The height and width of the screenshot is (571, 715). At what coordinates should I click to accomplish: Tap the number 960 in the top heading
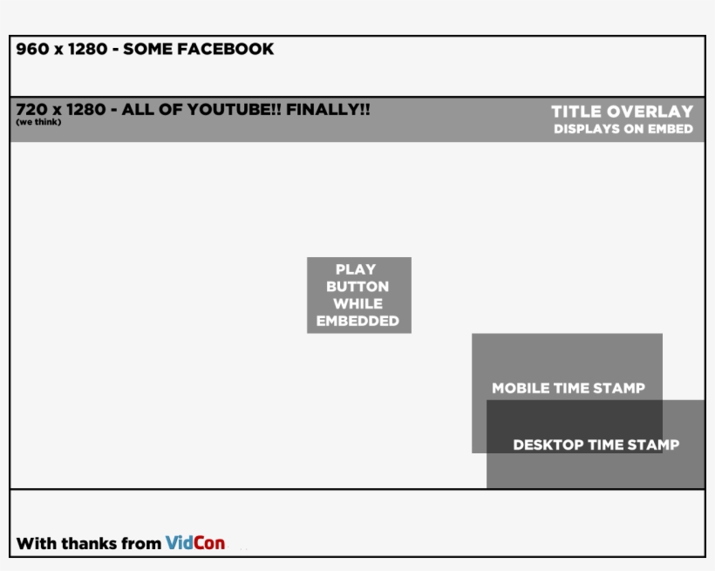click(32, 50)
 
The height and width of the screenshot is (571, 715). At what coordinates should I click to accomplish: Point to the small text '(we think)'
click(38, 122)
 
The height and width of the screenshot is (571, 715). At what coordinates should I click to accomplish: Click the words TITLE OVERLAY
click(622, 112)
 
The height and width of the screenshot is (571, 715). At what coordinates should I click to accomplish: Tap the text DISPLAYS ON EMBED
click(623, 129)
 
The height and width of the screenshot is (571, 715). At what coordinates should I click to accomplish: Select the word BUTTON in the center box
click(357, 287)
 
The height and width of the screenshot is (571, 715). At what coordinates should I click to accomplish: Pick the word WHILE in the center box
click(357, 304)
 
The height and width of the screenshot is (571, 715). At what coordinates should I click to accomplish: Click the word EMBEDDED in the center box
click(357, 321)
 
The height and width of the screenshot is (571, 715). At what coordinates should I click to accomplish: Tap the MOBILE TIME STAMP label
click(569, 389)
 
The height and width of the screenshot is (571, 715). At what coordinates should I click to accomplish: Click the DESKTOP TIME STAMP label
click(596, 445)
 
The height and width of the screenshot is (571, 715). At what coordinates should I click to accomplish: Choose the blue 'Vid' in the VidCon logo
click(178, 543)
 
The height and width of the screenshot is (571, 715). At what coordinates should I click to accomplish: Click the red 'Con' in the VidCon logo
click(208, 543)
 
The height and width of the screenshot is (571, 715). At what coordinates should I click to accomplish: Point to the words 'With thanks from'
click(88, 544)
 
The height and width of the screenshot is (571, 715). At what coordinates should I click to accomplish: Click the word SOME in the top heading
click(148, 50)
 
